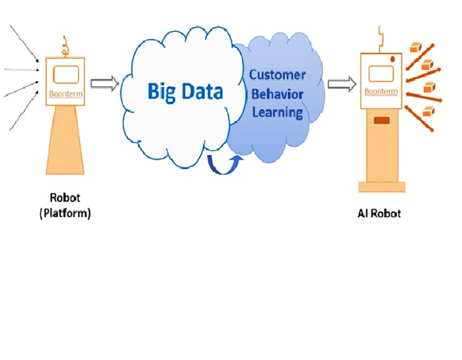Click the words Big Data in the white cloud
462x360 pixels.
185,92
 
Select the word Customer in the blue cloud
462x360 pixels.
277,75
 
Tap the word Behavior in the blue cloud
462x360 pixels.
277,94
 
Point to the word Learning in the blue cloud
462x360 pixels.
277,112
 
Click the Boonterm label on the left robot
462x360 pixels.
65,94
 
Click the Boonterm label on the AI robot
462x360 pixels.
381,92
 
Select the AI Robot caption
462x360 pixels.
379,213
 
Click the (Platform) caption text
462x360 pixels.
65,213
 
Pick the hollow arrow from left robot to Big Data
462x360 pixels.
104,83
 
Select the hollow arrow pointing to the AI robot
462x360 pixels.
342,84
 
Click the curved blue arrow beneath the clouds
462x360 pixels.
224,165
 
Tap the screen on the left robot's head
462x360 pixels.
66,75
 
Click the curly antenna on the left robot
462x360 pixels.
65,45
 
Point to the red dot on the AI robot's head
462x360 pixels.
393,59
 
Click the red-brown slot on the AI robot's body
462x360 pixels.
382,120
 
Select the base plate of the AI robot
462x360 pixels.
382,187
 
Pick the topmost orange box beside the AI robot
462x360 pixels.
415,46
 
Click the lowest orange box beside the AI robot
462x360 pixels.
428,111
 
